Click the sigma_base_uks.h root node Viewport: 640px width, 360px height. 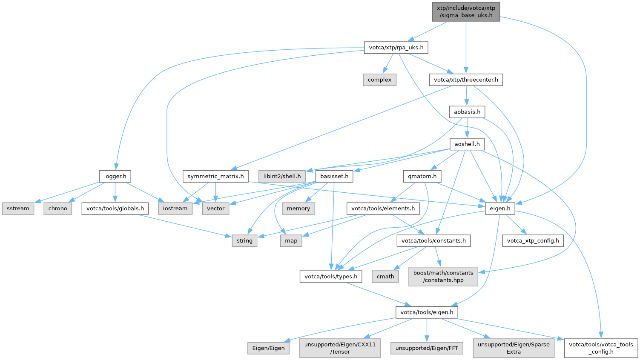click(x=466, y=11)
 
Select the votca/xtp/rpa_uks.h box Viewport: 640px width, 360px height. click(x=396, y=47)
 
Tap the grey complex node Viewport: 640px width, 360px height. click(x=379, y=80)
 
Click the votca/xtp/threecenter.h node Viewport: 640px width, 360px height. click(x=466, y=80)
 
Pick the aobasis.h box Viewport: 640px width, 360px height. click(x=467, y=112)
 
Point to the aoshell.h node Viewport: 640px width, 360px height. click(x=467, y=144)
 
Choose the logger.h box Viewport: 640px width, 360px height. click(x=115, y=176)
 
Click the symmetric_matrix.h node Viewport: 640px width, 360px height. click(x=215, y=176)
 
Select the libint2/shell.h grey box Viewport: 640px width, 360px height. click(x=282, y=176)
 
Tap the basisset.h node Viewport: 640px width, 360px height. click(x=334, y=176)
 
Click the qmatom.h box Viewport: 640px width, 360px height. click(x=422, y=176)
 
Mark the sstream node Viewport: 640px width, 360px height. click(x=18, y=209)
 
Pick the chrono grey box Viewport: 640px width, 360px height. click(x=57, y=209)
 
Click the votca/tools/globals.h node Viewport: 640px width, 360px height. click(x=115, y=209)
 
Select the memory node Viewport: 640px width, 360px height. click(x=298, y=209)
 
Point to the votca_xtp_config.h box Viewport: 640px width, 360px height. click(x=533, y=241)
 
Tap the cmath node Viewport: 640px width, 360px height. click(x=385, y=277)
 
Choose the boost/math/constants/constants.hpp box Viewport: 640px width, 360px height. click(x=443, y=277)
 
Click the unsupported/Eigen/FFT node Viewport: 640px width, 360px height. click(x=427, y=348)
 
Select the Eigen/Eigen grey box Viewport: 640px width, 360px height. click(x=268, y=348)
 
